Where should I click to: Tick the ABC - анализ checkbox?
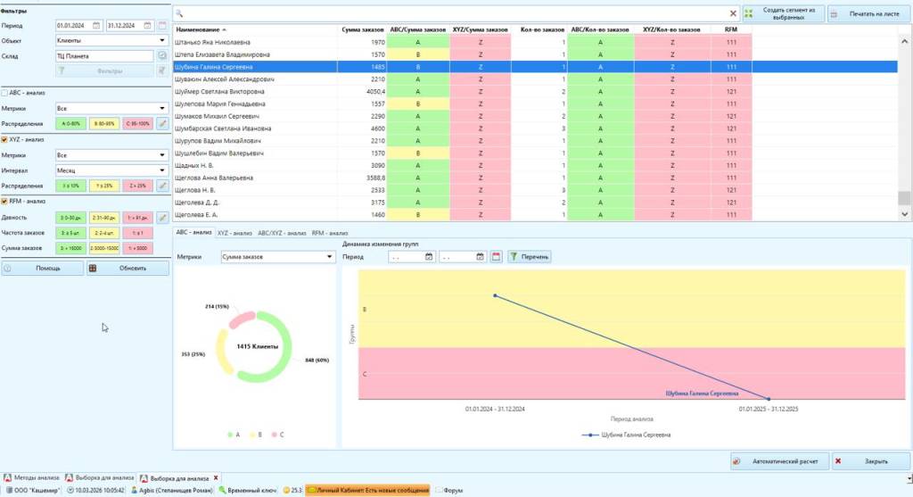coord(5,93)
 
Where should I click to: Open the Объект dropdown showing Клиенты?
coord(111,40)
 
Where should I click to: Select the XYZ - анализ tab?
coord(234,232)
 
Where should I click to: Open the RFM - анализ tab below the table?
coord(330,232)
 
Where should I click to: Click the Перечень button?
coord(530,257)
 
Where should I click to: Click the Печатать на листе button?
coord(868,13)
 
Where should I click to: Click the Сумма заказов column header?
coord(363,30)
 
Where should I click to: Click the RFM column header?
coord(731,30)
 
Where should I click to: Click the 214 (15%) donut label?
coord(217,306)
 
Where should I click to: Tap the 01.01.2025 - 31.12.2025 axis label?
coord(768,409)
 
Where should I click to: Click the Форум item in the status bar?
coord(452,490)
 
